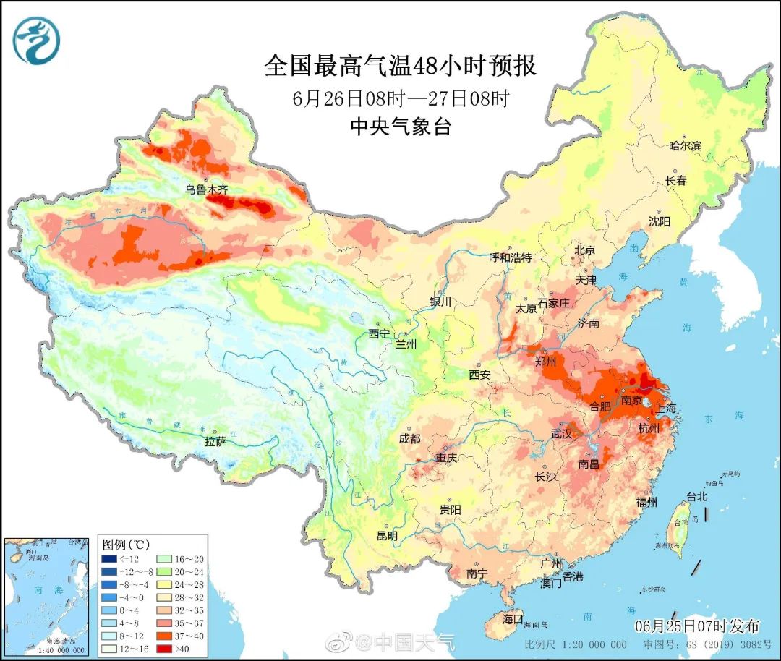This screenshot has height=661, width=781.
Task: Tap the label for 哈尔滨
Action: [685, 145]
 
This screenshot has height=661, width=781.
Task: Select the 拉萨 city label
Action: [215, 440]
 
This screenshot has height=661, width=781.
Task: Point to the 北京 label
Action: [584, 250]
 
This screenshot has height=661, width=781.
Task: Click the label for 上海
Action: [665, 409]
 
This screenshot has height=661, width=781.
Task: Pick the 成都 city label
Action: [409, 438]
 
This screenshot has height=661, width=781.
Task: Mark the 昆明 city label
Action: [387, 536]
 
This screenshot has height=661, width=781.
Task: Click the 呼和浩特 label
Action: [510, 257]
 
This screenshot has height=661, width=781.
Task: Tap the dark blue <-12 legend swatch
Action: [109, 558]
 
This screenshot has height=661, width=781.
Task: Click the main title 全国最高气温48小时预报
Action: [401, 66]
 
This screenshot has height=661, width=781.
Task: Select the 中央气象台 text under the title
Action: [401, 127]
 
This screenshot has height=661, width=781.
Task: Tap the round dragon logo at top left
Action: [36, 40]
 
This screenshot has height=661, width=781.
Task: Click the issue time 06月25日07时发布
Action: [697, 626]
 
